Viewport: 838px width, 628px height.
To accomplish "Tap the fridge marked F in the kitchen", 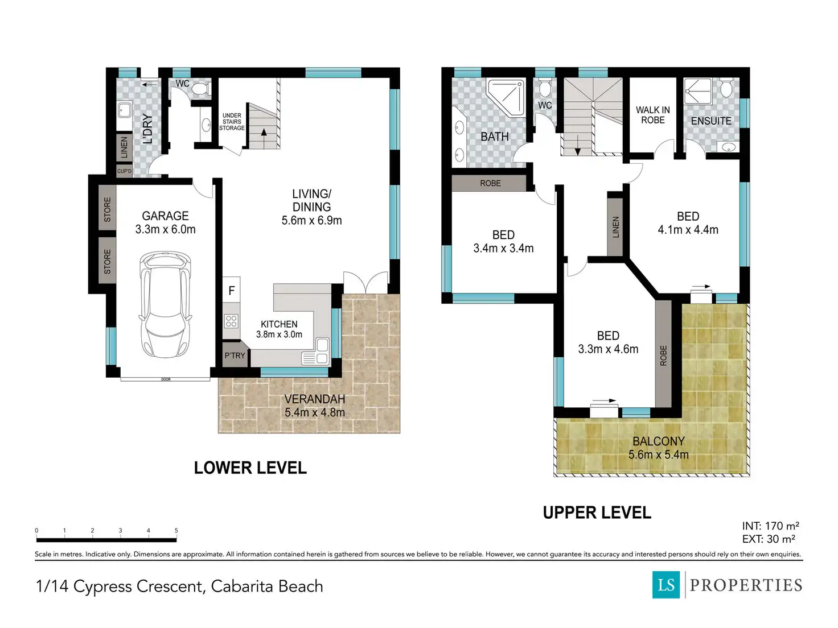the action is pyautogui.click(x=231, y=290).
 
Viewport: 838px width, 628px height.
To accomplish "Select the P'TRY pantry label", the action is pyautogui.click(x=235, y=356).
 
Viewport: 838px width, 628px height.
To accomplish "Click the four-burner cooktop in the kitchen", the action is pyautogui.click(x=231, y=321).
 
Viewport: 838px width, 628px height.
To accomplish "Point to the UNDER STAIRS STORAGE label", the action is pyautogui.click(x=232, y=122).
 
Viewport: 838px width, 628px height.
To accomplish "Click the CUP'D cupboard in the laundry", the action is pyautogui.click(x=124, y=171).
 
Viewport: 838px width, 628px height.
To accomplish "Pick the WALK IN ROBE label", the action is pyautogui.click(x=652, y=115).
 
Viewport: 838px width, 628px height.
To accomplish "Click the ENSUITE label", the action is pyautogui.click(x=711, y=121).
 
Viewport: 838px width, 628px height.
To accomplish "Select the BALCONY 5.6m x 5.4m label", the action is pyautogui.click(x=658, y=448).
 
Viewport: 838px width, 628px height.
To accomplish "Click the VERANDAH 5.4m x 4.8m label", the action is pyautogui.click(x=315, y=406).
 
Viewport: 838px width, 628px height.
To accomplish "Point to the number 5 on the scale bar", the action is pyautogui.click(x=176, y=530).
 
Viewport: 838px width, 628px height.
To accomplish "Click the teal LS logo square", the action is pyautogui.click(x=666, y=585).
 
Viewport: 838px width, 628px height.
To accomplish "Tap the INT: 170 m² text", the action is pyautogui.click(x=770, y=526).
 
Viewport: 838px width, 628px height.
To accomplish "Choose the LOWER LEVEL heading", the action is pyautogui.click(x=250, y=468).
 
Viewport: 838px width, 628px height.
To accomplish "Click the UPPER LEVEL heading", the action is pyautogui.click(x=597, y=513).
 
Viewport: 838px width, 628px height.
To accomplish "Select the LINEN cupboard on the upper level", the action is pyautogui.click(x=615, y=227).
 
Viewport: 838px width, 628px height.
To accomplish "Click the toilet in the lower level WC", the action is pyautogui.click(x=199, y=89).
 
